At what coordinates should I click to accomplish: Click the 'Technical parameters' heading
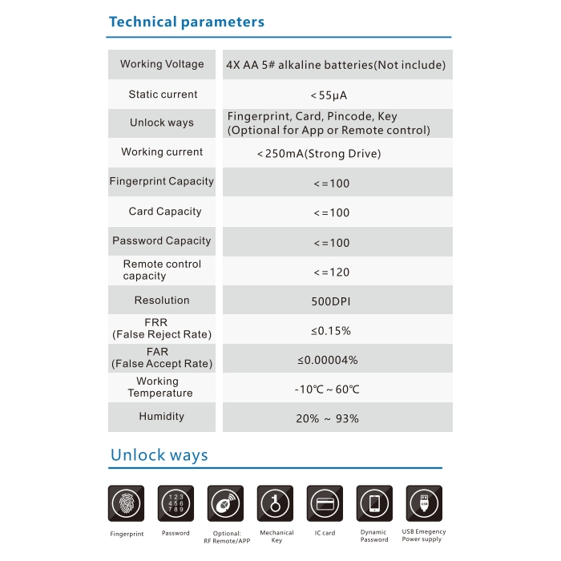click(x=186, y=22)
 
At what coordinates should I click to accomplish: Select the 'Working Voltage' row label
click(x=162, y=64)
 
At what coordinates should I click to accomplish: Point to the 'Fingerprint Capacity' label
click(x=162, y=182)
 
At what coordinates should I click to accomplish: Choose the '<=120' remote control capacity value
click(x=331, y=272)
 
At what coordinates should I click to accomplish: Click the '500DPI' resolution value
click(x=331, y=301)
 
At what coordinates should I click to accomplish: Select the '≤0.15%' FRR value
click(x=331, y=331)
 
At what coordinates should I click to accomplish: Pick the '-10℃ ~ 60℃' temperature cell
click(x=327, y=389)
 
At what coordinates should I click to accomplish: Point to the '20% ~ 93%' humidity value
click(x=327, y=418)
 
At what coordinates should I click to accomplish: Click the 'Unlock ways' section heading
click(x=159, y=455)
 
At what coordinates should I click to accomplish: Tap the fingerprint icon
click(x=127, y=504)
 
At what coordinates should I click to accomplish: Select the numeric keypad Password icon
click(x=176, y=504)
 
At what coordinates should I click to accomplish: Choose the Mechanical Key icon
click(x=275, y=504)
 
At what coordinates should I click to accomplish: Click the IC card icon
click(x=325, y=504)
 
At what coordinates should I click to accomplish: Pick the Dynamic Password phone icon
click(x=374, y=504)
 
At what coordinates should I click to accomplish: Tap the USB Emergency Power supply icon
click(x=424, y=504)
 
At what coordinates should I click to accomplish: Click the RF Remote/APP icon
click(x=225, y=504)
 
